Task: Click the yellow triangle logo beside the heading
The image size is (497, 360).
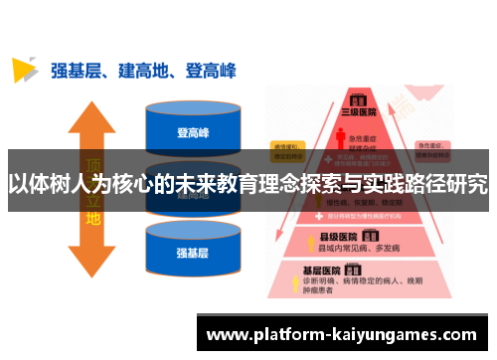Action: [x=24, y=70]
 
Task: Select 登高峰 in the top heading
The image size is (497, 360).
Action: [x=211, y=71]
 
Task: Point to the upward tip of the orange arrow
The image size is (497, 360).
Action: [x=91, y=105]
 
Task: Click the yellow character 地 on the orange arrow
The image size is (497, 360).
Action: [x=92, y=216]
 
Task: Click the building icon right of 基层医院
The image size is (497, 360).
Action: [x=354, y=270]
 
